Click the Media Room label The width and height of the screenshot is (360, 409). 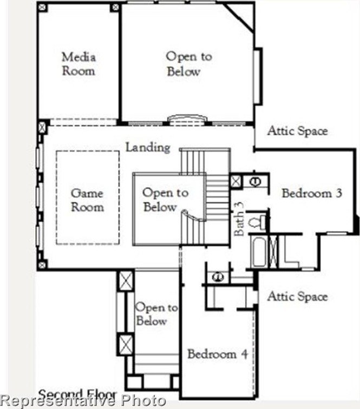coord(78,64)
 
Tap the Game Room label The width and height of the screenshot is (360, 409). coord(88,200)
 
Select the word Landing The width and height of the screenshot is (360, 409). coord(148,147)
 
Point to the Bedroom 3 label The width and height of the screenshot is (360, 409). coord(312,193)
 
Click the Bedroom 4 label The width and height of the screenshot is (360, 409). coord(218,354)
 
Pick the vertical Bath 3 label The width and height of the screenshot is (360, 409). coord(239,219)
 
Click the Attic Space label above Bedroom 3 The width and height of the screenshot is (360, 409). coord(297,131)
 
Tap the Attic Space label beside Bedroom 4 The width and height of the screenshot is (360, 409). coord(297,296)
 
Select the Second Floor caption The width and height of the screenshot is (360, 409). coord(77,394)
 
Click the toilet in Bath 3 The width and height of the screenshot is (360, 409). coord(258,222)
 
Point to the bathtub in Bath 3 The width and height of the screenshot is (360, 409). coord(259,252)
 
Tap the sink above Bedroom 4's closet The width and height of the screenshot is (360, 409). coord(218,276)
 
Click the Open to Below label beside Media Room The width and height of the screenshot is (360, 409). coord(189,64)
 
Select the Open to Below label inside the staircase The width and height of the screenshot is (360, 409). coord(165,200)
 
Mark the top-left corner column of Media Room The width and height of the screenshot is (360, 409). coord(42,7)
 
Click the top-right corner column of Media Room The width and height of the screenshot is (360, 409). coord(115,7)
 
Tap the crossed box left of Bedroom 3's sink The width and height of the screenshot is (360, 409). coord(236,181)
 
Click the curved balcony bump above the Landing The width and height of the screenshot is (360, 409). coord(187,118)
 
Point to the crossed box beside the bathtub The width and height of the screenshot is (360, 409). coord(273,252)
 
